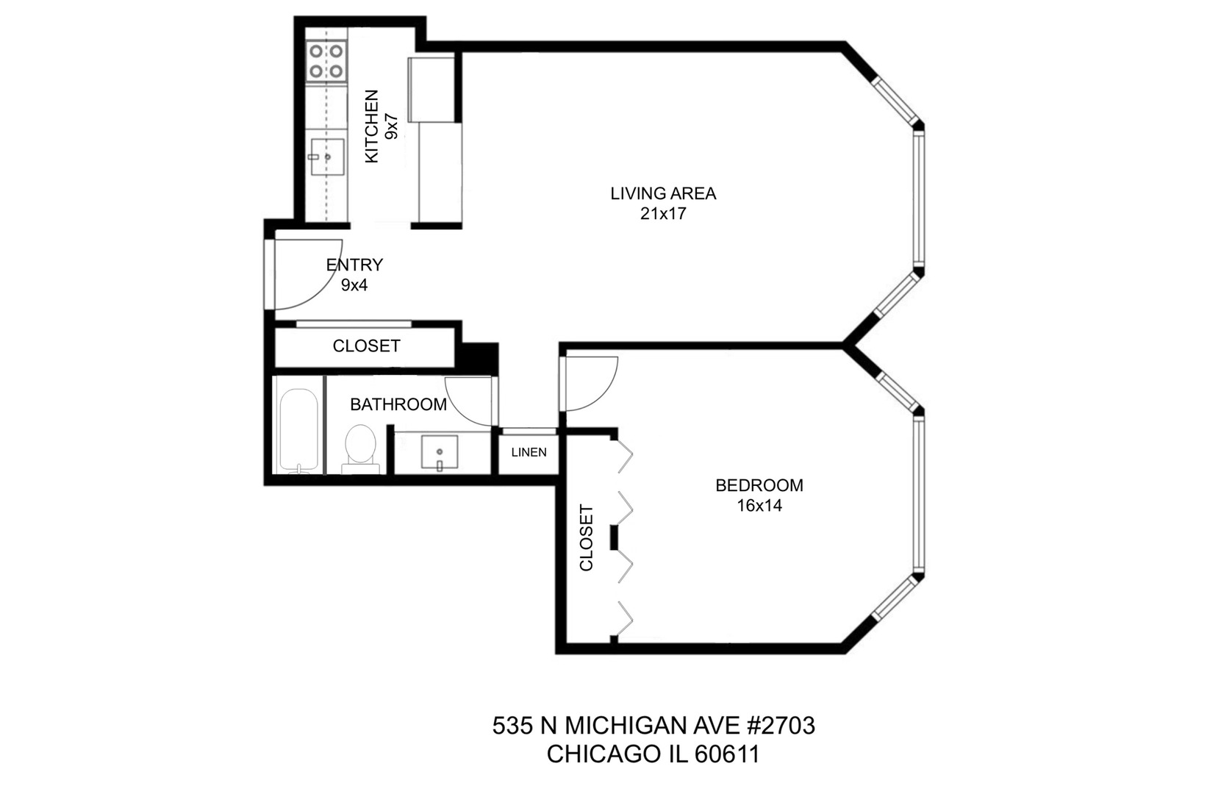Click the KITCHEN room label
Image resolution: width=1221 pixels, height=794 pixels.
click(x=371, y=126)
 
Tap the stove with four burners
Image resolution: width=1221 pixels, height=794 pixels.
click(x=326, y=60)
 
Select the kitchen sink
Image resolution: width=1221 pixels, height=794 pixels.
click(x=327, y=157)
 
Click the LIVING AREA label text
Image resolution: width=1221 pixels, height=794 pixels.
click(x=663, y=193)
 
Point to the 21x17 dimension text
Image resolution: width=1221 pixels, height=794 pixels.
click(x=663, y=214)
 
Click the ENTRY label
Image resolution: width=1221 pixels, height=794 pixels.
click(x=354, y=265)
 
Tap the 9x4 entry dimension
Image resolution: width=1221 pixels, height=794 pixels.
click(x=354, y=285)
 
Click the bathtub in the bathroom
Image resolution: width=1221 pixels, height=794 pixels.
click(x=298, y=430)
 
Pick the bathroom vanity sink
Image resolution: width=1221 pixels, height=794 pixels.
click(x=440, y=453)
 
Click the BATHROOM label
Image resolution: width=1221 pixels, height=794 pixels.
click(x=398, y=404)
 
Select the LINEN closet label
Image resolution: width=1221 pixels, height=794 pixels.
click(x=529, y=452)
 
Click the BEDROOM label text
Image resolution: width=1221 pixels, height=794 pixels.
click(x=759, y=485)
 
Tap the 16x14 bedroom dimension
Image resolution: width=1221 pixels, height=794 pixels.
click(x=759, y=506)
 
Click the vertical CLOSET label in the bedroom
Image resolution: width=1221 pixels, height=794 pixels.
click(x=586, y=537)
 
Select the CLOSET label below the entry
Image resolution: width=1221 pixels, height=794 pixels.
click(x=366, y=346)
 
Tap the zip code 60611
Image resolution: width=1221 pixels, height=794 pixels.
click(x=727, y=754)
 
